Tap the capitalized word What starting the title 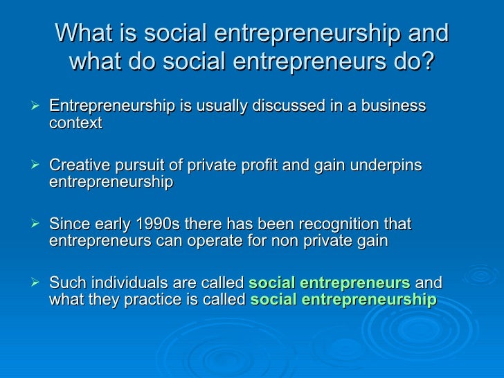[81, 33]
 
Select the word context [75, 123]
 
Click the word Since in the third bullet [67, 224]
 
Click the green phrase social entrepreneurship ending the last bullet [343, 300]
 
